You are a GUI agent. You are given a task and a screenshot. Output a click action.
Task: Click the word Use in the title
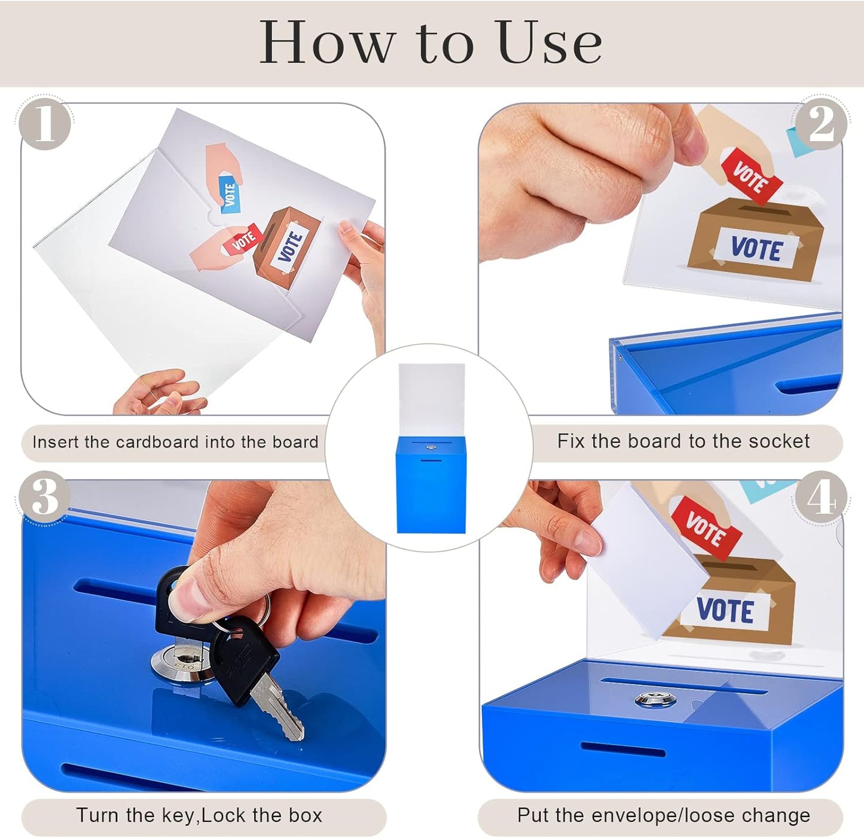pos(549,42)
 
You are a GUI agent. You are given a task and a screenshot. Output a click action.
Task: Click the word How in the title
pos(328,42)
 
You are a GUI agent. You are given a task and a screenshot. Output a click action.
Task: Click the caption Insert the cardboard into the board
pos(175,442)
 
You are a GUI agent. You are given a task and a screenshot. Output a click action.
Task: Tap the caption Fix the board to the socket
pos(683,442)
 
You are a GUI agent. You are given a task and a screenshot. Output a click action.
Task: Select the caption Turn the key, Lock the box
pos(199,816)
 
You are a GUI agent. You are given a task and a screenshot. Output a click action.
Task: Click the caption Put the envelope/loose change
pos(664,816)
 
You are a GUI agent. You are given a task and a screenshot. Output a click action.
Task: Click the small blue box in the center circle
pos(431,484)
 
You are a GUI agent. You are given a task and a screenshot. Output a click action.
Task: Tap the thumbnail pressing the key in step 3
pos(188,598)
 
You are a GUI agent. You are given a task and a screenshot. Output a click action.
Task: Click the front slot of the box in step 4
pos(622,749)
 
